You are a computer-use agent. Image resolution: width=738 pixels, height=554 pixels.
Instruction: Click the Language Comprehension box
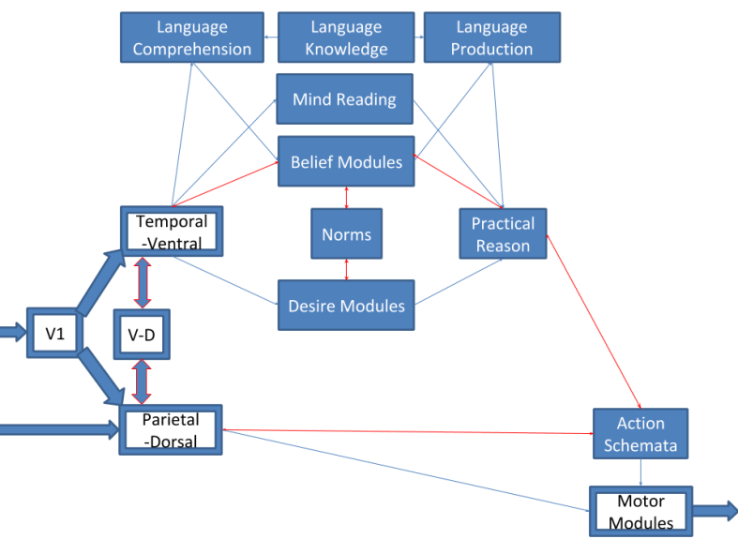(191, 37)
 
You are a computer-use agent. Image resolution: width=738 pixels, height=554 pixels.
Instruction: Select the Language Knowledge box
(346, 37)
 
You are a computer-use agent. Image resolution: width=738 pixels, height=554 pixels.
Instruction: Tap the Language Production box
(491, 37)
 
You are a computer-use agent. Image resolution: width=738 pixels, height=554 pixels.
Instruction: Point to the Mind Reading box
(344, 99)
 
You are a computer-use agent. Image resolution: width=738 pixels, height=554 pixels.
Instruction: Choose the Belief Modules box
(346, 161)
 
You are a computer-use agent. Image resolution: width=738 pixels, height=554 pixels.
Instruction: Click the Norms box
(346, 233)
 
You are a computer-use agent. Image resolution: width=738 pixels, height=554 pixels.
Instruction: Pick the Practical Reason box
(503, 234)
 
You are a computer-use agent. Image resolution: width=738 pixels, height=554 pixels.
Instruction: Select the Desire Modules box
(346, 305)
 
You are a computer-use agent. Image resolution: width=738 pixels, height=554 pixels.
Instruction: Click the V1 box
(55, 332)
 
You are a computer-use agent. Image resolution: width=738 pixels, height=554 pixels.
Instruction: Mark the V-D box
(142, 333)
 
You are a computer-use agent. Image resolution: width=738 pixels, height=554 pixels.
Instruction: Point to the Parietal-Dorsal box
(171, 430)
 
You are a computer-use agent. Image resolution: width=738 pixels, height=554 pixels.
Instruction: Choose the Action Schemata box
(640, 434)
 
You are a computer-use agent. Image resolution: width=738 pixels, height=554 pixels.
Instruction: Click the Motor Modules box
(640, 511)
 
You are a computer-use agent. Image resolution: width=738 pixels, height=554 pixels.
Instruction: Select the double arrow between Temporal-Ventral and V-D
(142, 282)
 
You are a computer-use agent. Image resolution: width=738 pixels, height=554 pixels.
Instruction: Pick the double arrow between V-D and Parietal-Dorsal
(142, 382)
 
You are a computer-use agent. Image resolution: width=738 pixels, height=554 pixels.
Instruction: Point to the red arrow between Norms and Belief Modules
(347, 196)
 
